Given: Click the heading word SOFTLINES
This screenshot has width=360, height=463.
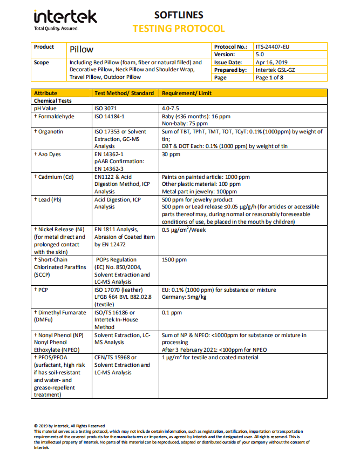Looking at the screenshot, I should coord(179,15).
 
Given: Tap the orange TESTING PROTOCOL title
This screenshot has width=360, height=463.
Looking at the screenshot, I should coord(179,28).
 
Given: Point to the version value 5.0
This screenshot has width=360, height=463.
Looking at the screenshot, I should coord(260,55).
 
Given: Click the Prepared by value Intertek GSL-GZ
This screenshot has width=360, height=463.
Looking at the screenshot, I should coord(275,70).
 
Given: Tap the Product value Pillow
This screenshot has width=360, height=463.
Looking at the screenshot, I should coord(81,50).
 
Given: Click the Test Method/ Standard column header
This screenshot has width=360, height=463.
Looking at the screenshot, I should coord(124,93).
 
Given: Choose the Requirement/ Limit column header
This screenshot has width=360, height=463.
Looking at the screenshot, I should coord(186,93).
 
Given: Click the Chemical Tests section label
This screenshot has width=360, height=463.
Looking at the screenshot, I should coord(53,100).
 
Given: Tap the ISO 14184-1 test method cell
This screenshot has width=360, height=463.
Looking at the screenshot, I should coord(110,116).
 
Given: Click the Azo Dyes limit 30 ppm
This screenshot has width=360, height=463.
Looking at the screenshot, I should coord(171,154).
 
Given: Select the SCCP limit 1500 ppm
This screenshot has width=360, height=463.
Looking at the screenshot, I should coord(174,260).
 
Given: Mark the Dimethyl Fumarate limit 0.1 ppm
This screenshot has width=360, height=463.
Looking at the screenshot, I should coord(172,312).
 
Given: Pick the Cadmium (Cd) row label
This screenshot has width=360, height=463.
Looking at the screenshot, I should coord(56,177).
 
